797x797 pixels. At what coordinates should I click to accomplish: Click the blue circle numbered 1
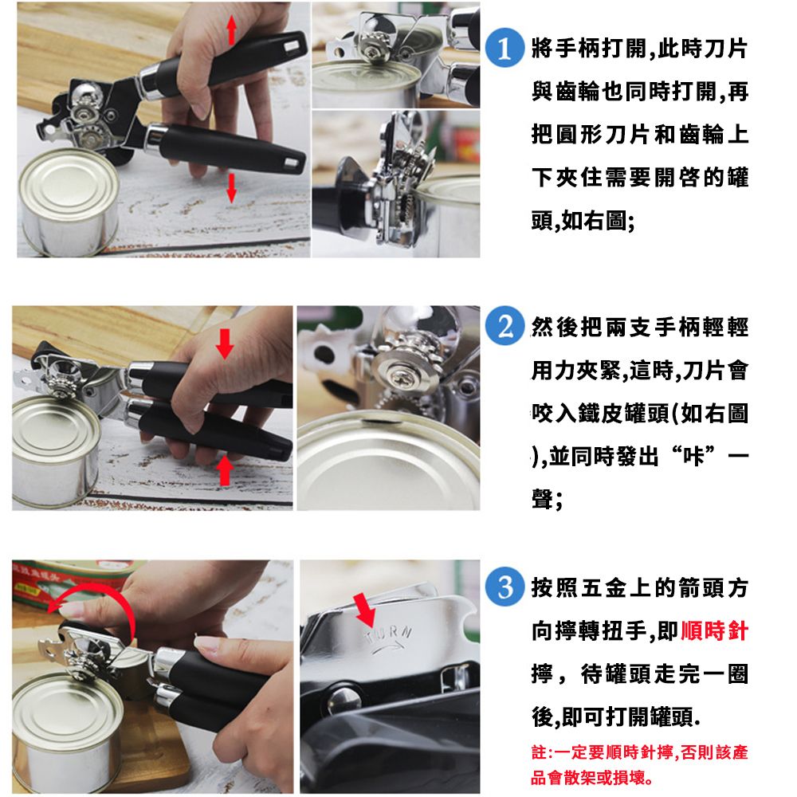click(505, 48)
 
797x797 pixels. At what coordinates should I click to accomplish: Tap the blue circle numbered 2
click(505, 326)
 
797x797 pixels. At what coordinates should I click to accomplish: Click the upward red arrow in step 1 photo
click(232, 29)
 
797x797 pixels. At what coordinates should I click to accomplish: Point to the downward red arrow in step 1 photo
click(232, 187)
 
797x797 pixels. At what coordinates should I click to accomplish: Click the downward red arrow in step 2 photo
click(225, 343)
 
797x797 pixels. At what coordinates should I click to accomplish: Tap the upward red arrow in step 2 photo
click(225, 471)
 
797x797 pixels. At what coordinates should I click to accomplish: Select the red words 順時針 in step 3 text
click(714, 630)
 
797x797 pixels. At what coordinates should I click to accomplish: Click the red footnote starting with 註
click(639, 764)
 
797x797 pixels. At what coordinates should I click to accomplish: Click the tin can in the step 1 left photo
click(68, 202)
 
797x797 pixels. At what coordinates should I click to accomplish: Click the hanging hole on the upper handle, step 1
click(292, 46)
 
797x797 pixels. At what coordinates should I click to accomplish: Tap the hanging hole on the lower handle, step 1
click(292, 163)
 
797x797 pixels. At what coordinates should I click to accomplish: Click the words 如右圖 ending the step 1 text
click(594, 221)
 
